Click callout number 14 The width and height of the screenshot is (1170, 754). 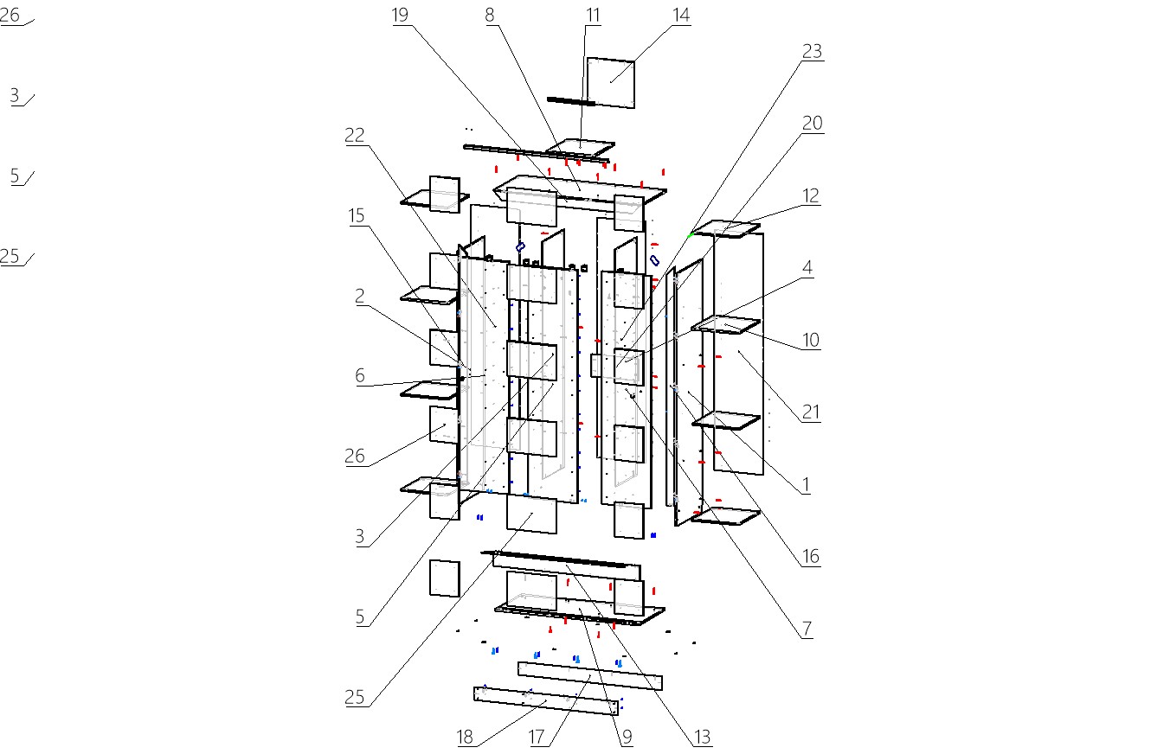(x=681, y=15)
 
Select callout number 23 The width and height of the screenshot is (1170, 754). (x=812, y=51)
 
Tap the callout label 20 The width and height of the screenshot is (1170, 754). (x=812, y=124)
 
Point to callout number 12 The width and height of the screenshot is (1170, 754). (x=810, y=195)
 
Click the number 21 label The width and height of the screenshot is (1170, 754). (x=810, y=412)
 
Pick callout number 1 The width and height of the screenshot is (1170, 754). (x=806, y=485)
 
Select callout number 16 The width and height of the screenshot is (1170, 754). (x=810, y=557)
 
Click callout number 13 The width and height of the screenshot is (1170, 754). (x=702, y=737)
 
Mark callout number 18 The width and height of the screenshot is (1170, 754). (x=466, y=737)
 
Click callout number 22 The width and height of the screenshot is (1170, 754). (x=355, y=135)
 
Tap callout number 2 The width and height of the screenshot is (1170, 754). (x=360, y=296)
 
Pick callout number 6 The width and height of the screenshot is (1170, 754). (x=360, y=375)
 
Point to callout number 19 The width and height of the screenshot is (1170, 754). (x=400, y=15)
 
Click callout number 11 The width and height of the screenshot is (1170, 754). (x=593, y=15)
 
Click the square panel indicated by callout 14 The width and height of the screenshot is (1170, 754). (x=611, y=82)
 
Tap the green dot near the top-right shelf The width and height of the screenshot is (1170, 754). (x=691, y=234)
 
